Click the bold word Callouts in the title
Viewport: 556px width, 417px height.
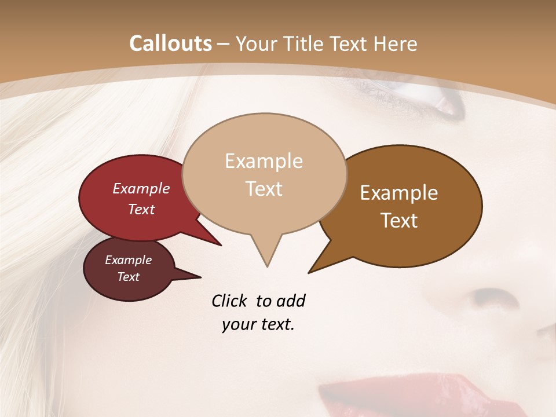[x=170, y=43]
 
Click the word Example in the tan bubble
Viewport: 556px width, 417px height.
[x=264, y=161]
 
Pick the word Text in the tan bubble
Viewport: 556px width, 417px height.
[x=264, y=189]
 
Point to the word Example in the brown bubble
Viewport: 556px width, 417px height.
[x=399, y=193]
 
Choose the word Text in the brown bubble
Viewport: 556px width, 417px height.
[x=399, y=221]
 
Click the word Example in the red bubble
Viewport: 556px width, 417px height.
[x=141, y=189]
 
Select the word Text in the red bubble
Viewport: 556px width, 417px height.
[x=141, y=209]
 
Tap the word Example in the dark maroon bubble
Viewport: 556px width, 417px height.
[x=129, y=260]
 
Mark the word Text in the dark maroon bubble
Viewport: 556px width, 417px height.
[x=129, y=277]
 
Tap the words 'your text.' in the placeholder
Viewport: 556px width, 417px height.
[x=258, y=325]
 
